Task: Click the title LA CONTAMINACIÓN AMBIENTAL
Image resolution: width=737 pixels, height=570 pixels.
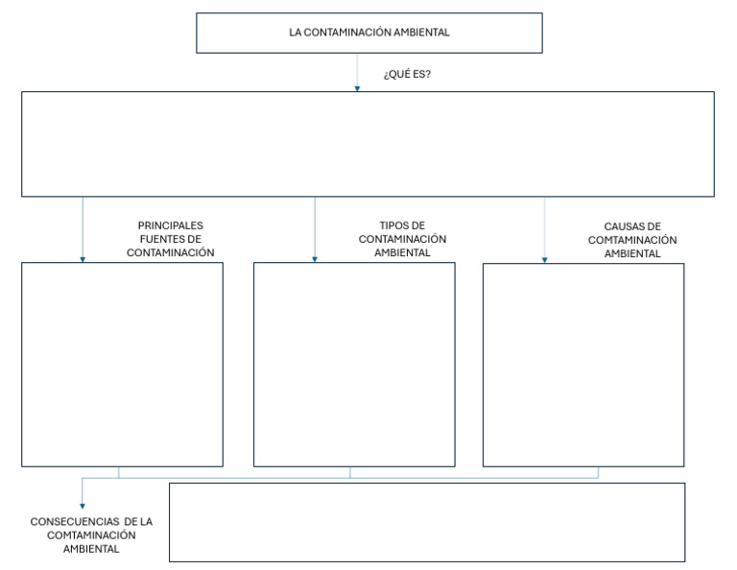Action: tap(369, 32)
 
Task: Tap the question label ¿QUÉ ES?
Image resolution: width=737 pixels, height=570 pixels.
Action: tap(407, 73)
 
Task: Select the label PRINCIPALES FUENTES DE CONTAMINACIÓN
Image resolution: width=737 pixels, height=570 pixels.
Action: tap(170, 239)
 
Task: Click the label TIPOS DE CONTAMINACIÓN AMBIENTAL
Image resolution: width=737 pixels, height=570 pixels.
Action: tap(402, 239)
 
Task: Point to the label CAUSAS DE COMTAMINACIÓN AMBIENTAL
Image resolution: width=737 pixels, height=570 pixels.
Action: tap(632, 240)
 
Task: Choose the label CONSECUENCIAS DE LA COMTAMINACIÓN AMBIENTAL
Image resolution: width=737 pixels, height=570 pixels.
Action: tap(91, 534)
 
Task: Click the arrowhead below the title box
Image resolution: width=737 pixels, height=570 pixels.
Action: tap(357, 87)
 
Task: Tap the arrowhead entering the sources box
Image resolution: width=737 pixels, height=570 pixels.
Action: tap(83, 258)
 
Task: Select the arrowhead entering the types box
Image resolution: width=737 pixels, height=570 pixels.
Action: tap(315, 258)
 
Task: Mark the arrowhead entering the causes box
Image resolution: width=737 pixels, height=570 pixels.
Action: tap(544, 258)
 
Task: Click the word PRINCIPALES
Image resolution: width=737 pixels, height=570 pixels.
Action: tap(170, 226)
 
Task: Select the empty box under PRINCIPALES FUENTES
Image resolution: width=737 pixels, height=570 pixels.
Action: tap(122, 364)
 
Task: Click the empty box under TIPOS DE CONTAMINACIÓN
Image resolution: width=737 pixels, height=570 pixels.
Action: tap(354, 364)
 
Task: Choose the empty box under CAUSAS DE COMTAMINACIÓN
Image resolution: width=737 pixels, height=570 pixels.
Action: tap(583, 364)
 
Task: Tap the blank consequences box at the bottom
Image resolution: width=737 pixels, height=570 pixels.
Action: tap(427, 522)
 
